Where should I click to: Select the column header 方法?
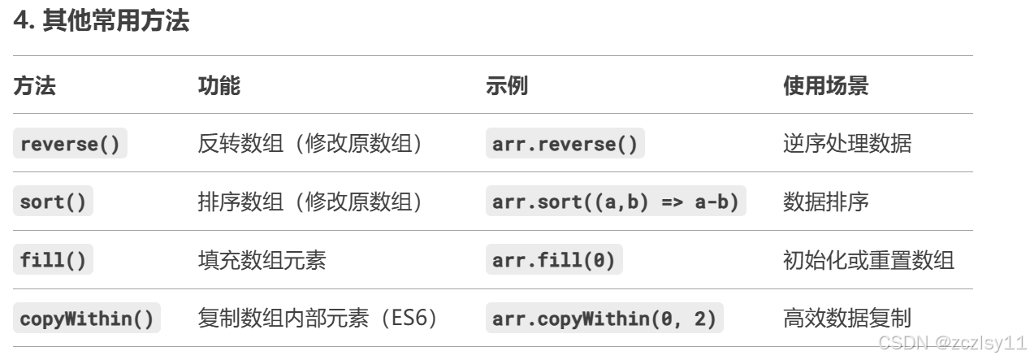pos(34,86)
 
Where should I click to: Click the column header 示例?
pos(506,86)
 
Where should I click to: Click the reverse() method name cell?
pos(70,145)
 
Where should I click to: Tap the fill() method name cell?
pos(53,261)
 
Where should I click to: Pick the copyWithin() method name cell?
pos(87,319)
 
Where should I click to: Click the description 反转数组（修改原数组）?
pos(310,145)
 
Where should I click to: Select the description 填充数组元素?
pos(262,261)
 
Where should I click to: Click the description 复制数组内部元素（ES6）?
pos(319,319)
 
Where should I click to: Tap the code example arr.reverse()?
pos(565,145)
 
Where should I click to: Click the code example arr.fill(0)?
pos(553,261)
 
